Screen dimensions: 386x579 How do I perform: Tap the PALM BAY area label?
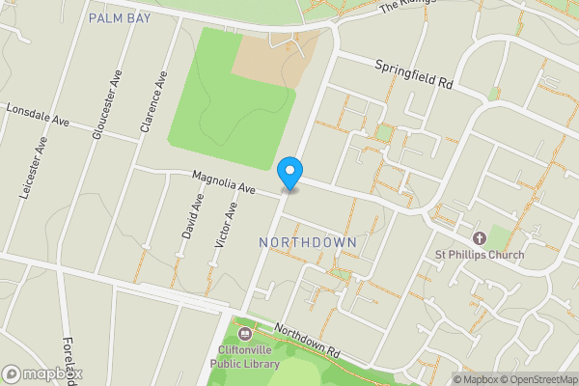(120, 18)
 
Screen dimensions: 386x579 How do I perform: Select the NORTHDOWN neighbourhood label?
(309, 241)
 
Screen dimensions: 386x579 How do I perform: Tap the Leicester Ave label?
(33, 168)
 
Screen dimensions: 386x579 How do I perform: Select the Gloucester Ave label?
(104, 105)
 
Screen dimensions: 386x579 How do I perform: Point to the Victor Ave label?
(225, 234)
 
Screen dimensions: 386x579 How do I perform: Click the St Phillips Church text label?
(479, 255)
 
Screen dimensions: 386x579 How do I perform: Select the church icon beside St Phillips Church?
(478, 238)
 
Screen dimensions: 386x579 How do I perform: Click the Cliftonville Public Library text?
(245, 358)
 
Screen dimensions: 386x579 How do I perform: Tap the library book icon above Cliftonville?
(244, 335)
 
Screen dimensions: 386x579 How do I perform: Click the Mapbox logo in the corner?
(42, 373)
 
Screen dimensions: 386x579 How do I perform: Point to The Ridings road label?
(401, 7)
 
